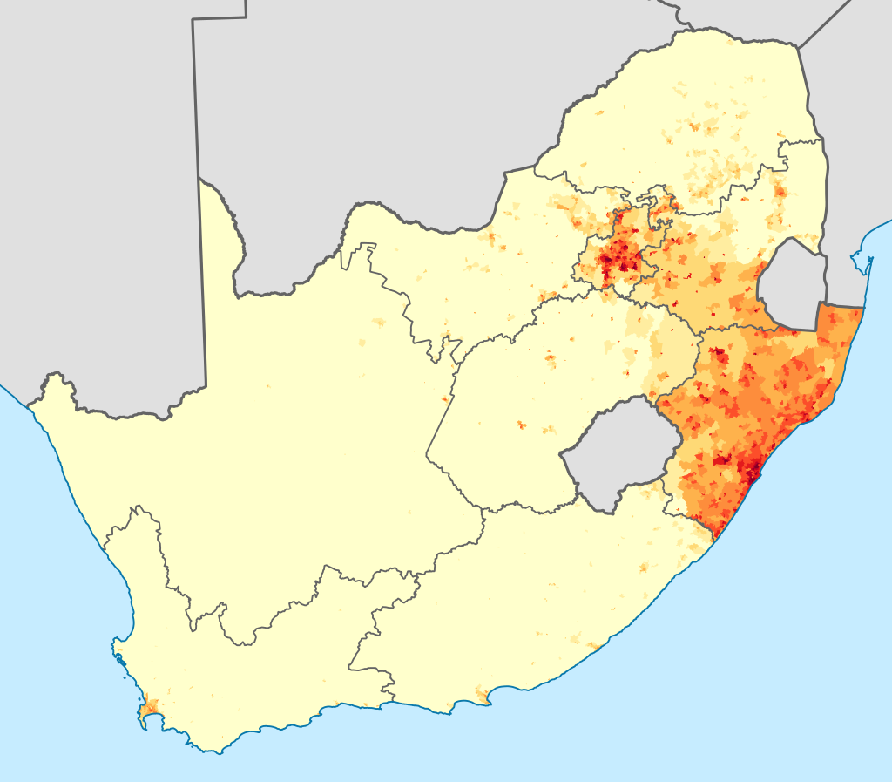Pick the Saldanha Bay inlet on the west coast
117,649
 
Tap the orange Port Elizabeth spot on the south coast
481,694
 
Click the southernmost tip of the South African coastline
219,751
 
